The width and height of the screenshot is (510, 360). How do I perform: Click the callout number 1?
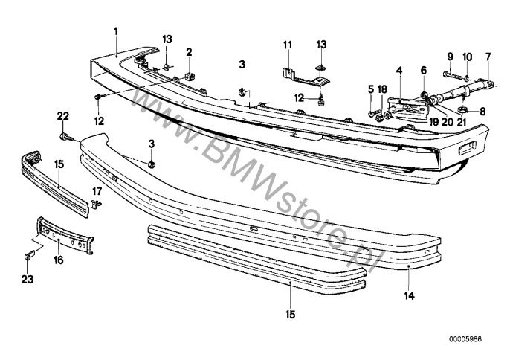116,31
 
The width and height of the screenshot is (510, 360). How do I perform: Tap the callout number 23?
28,279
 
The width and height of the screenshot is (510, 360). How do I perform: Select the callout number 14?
410,295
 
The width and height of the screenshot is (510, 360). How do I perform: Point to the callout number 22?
63,116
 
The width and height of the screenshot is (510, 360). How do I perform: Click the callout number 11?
288,45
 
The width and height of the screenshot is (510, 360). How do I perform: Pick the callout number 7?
488,57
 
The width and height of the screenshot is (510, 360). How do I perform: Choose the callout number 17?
97,191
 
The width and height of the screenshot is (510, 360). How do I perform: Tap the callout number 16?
59,260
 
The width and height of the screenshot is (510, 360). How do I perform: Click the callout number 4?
399,70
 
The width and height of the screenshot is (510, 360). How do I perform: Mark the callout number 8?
482,112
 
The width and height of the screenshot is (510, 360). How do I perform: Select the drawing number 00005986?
465,339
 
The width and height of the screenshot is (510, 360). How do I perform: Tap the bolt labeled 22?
65,137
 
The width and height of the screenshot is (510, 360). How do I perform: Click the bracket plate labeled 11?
305,77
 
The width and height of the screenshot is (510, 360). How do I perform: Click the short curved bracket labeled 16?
65,235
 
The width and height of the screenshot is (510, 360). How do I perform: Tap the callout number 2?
189,52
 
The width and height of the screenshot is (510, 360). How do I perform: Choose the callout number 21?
462,122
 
